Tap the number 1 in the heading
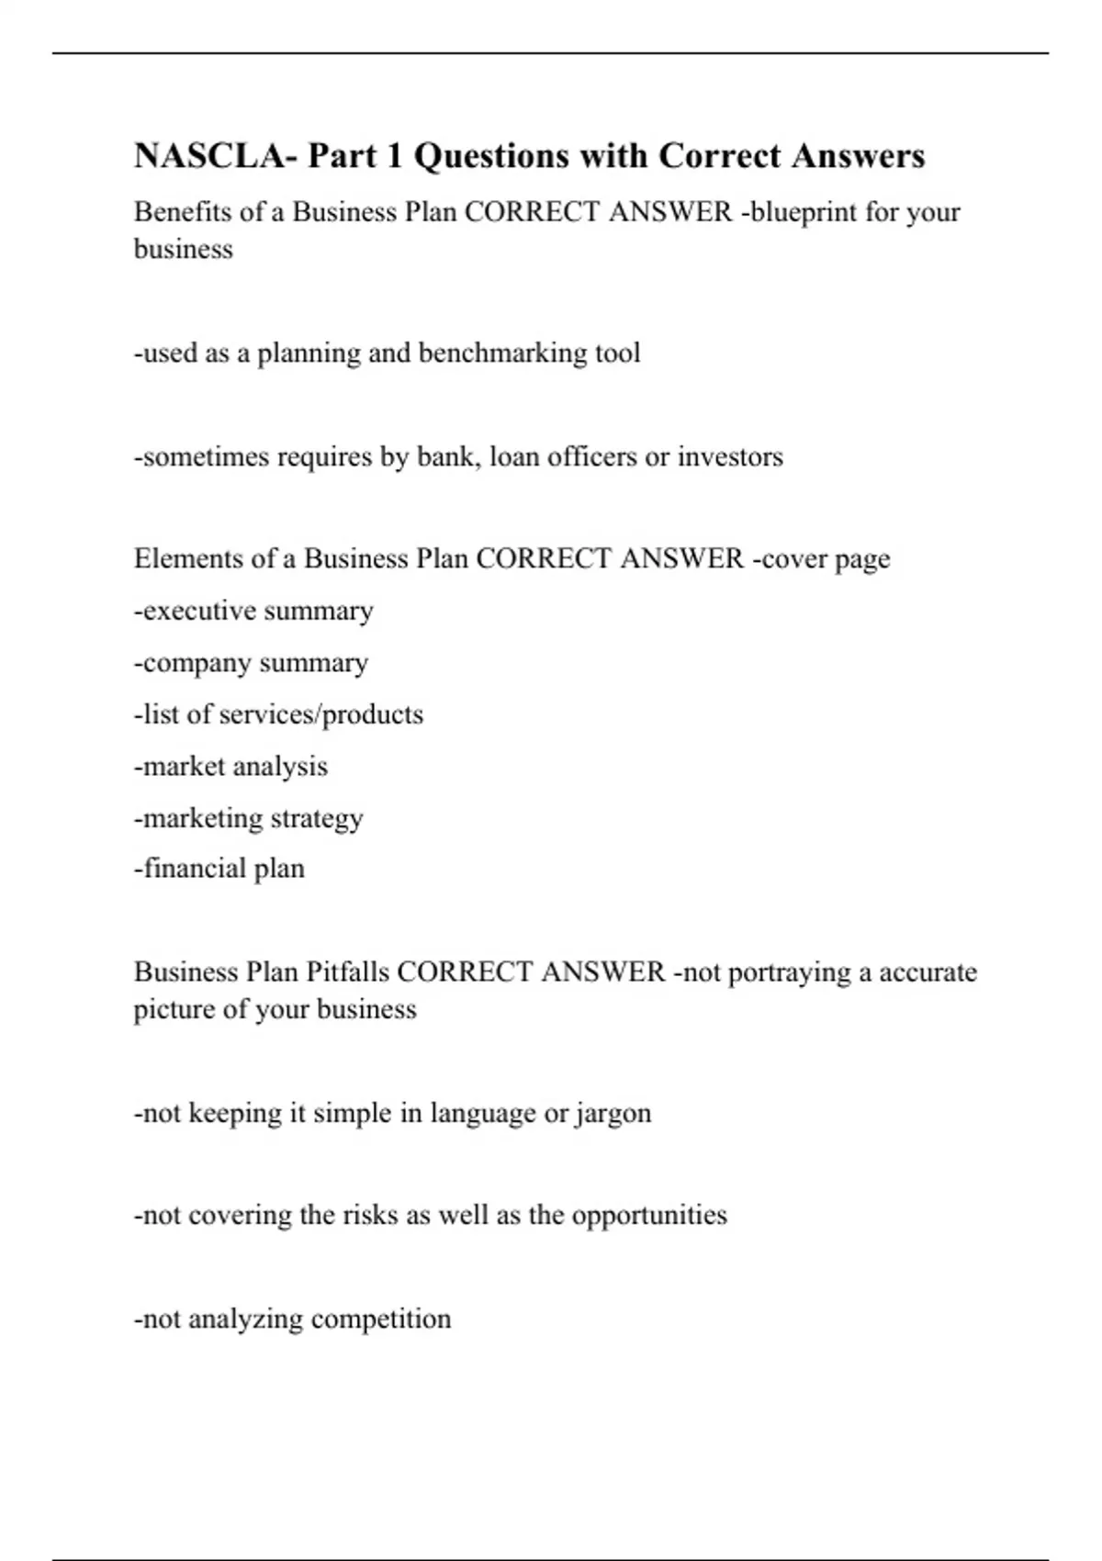tap(394, 156)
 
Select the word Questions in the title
tap(487, 156)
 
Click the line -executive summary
tap(253, 612)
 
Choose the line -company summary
tap(251, 663)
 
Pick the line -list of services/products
tap(278, 714)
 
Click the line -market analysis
tap(231, 767)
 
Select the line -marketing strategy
tap(248, 818)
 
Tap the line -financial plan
tap(219, 869)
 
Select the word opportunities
tap(649, 1216)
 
